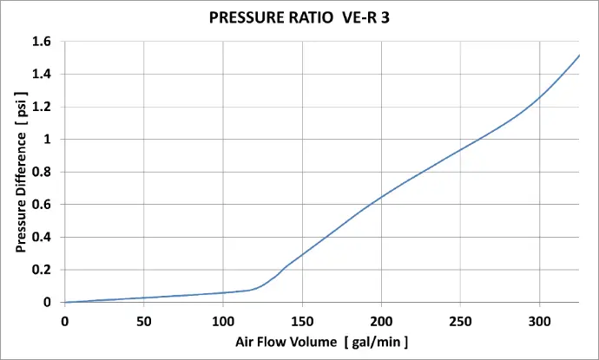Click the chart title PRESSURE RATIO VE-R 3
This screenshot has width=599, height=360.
[299, 16]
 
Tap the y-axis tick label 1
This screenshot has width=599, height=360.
[49, 140]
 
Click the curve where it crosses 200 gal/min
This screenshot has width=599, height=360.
[382, 197]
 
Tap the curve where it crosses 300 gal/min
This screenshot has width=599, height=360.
[540, 96]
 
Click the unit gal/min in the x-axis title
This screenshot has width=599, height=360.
[376, 342]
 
